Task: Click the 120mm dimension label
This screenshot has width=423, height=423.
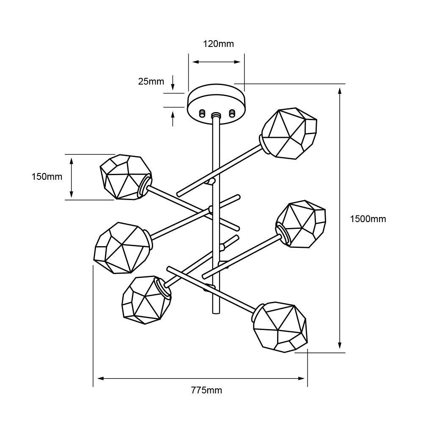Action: click(218, 44)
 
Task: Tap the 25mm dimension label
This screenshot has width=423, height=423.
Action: click(151, 81)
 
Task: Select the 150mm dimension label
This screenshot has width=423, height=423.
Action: click(47, 177)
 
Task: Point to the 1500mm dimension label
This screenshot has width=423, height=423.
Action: click(368, 219)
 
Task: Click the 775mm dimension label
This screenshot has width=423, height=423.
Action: click(207, 390)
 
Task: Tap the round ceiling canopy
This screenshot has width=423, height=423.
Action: click(216, 104)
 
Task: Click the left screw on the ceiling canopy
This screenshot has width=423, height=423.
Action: click(202, 113)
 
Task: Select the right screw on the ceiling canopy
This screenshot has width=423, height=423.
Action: click(231, 113)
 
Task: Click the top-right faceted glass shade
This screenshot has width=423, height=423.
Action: click(288, 134)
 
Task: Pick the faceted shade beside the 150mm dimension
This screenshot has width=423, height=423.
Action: click(126, 177)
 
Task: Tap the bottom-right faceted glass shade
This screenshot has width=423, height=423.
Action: click(280, 327)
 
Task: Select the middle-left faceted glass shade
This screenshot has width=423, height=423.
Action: click(123, 247)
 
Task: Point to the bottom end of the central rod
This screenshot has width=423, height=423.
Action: click(216, 313)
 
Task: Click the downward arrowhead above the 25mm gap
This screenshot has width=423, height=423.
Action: click(173, 87)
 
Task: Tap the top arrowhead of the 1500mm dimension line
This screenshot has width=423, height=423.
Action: click(340, 91)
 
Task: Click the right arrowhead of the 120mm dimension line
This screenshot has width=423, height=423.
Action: click(237, 62)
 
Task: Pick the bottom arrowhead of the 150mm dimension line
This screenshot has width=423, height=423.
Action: click(71, 194)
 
